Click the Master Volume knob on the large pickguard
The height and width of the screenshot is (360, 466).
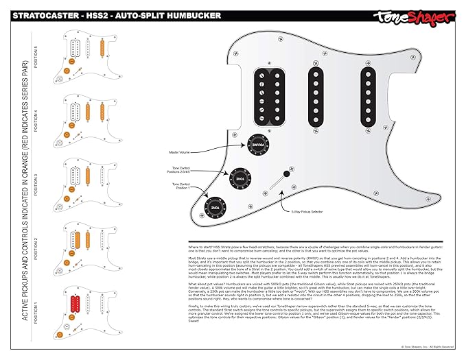tap(256, 145)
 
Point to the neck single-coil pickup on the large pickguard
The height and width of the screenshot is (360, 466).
tap(371, 88)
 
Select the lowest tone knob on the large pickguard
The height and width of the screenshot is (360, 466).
tap(215, 205)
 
